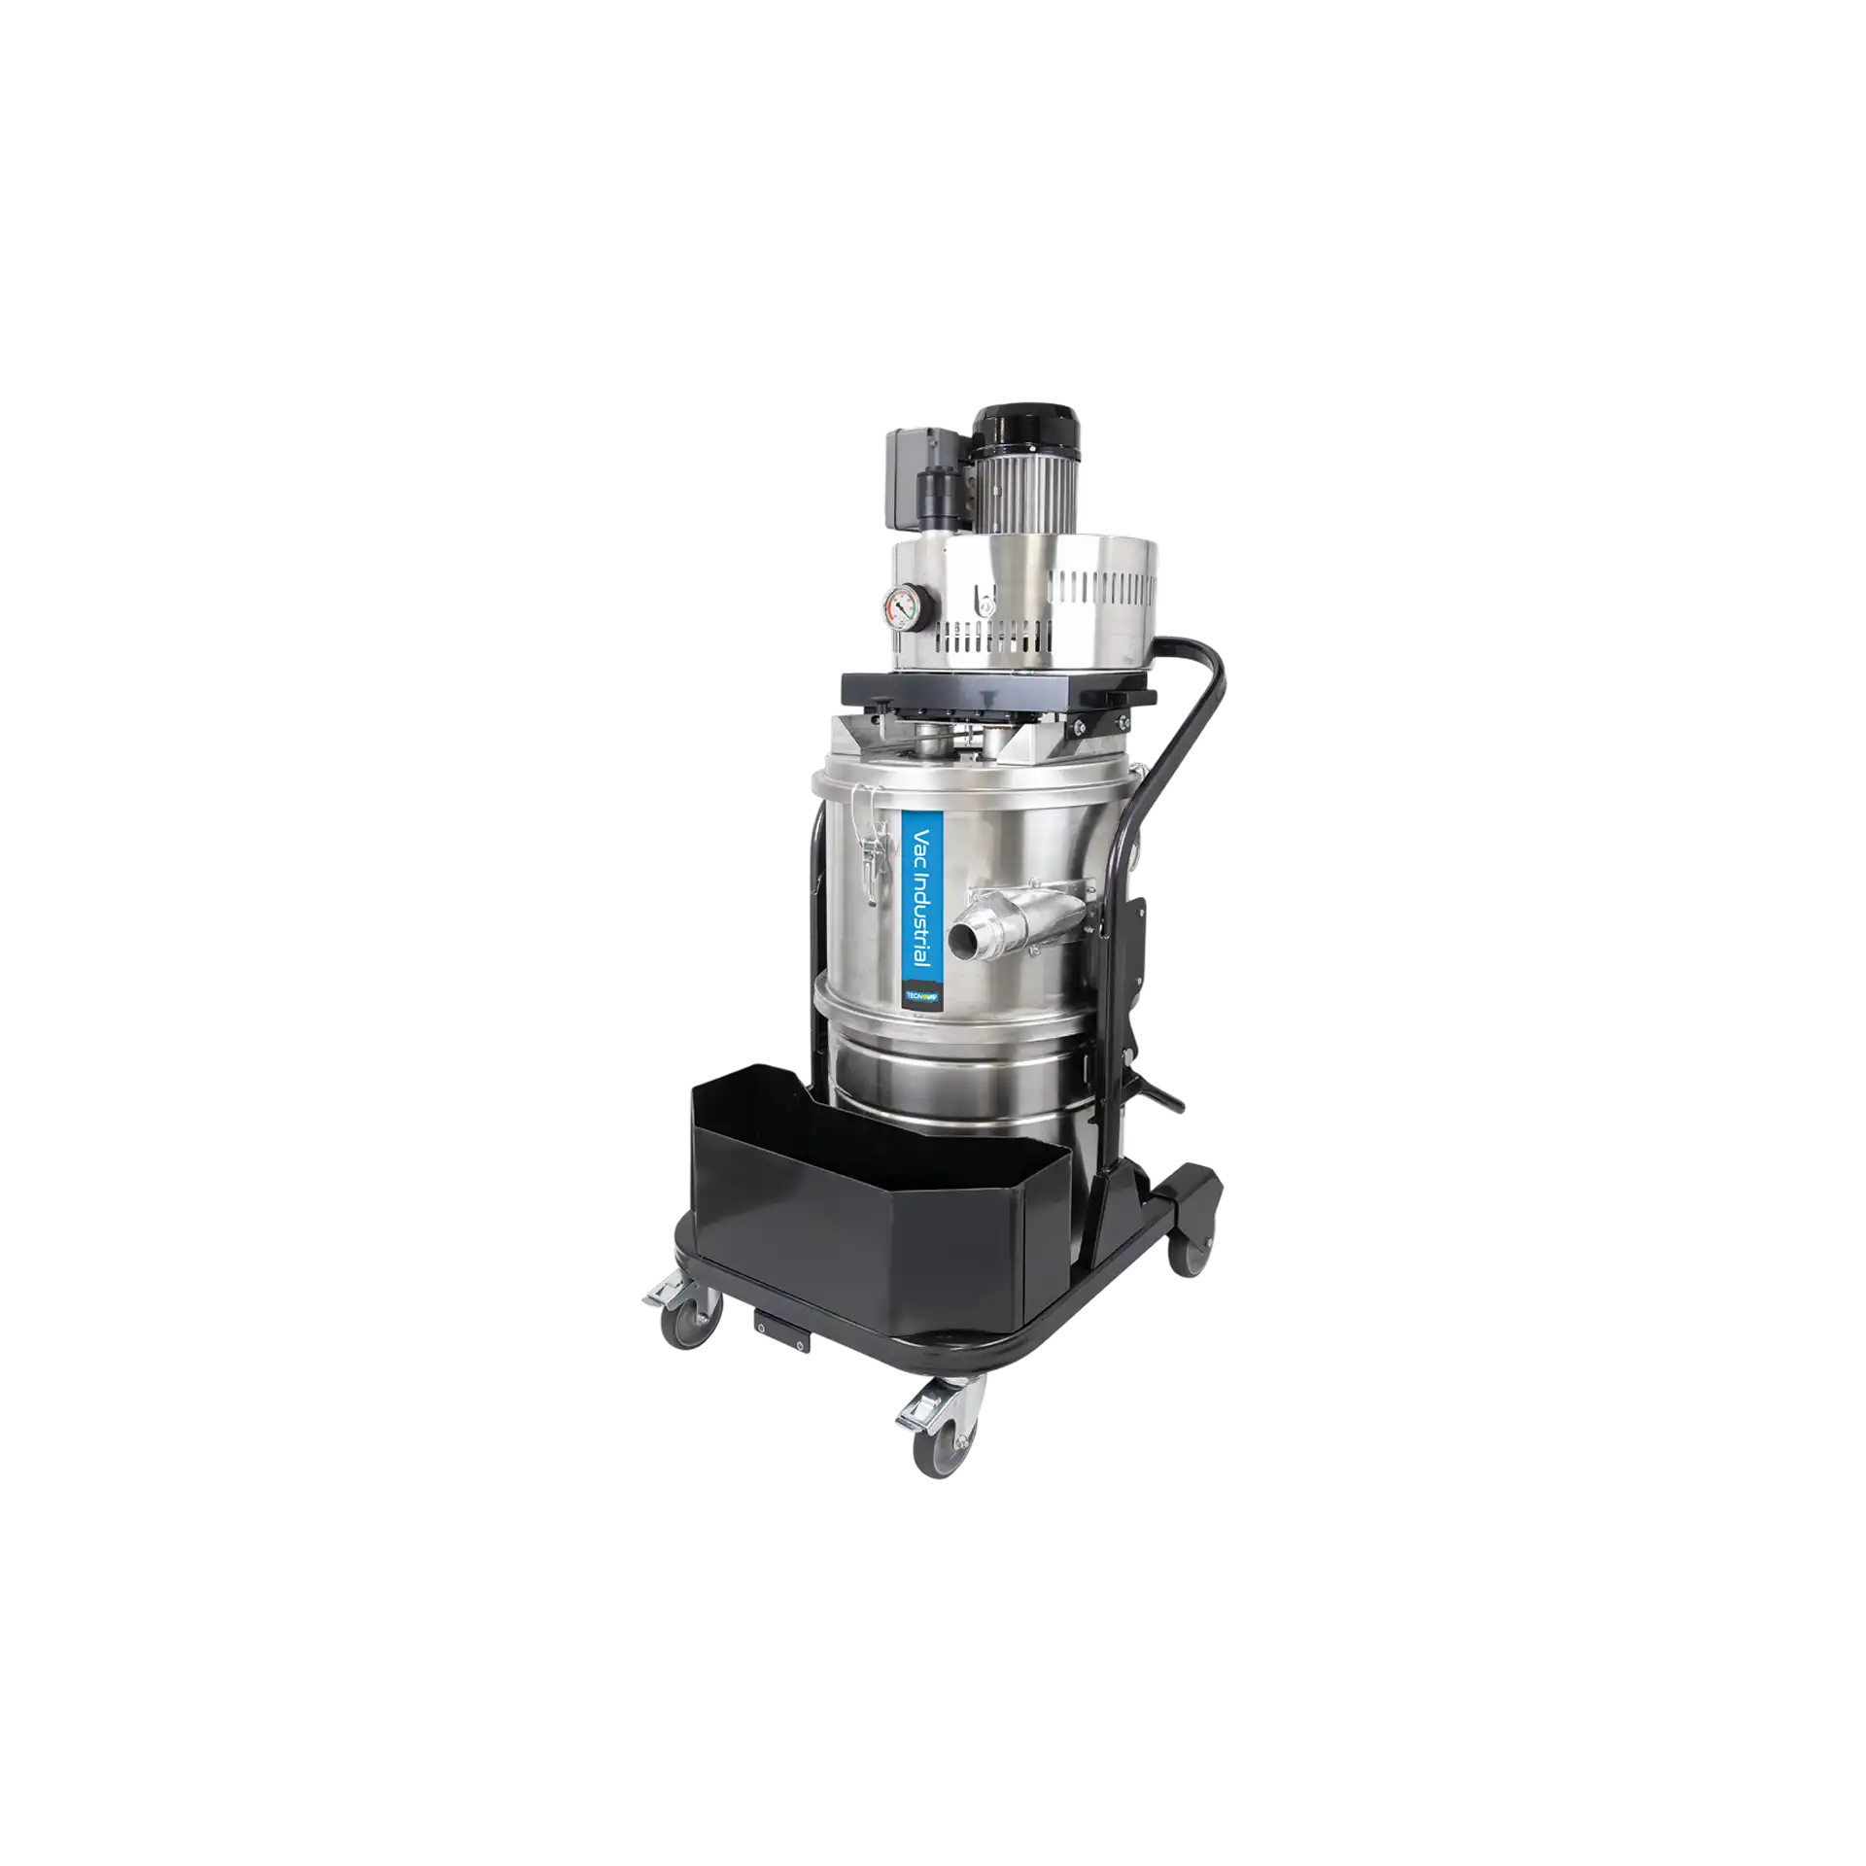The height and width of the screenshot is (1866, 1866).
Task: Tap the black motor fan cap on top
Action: tap(1011, 427)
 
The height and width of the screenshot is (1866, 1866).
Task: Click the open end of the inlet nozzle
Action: tap(962, 938)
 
